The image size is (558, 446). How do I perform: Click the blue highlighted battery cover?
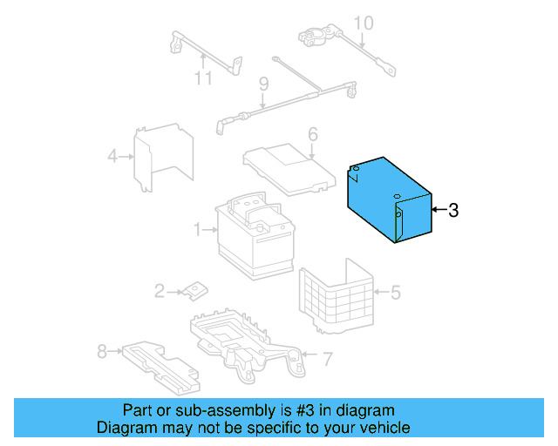pyautogui.click(x=390, y=200)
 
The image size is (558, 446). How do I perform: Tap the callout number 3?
pyautogui.click(x=453, y=210)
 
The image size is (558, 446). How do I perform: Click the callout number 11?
pyautogui.click(x=203, y=79)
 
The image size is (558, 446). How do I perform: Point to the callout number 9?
pyautogui.click(x=262, y=84)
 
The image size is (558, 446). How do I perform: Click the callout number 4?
pyautogui.click(x=112, y=157)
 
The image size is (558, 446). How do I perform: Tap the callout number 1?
pyautogui.click(x=198, y=230)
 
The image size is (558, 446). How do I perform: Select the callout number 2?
pyautogui.click(x=160, y=291)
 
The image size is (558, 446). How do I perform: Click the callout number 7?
pyautogui.click(x=327, y=357)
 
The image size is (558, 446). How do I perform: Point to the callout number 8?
pyautogui.click(x=102, y=351)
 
